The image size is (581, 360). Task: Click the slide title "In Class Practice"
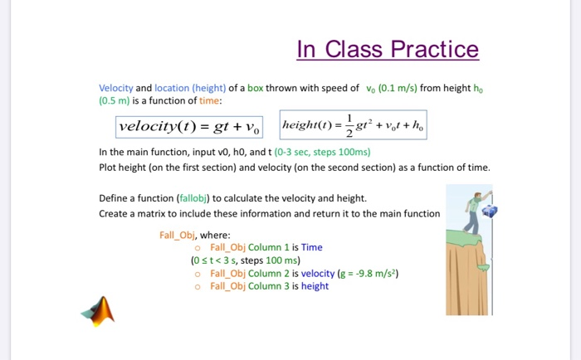click(x=388, y=49)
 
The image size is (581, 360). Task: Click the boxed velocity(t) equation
click(x=189, y=127)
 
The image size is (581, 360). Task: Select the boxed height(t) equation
click(x=354, y=126)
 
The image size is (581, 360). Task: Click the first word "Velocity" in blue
click(x=115, y=88)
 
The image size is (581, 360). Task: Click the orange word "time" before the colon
click(x=207, y=100)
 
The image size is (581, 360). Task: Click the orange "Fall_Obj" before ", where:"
click(x=178, y=235)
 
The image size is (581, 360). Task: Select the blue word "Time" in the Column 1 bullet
click(x=311, y=247)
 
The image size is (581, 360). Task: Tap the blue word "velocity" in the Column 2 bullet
click(x=318, y=273)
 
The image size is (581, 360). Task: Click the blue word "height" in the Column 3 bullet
click(x=315, y=286)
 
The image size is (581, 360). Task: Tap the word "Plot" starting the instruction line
click(x=108, y=167)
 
